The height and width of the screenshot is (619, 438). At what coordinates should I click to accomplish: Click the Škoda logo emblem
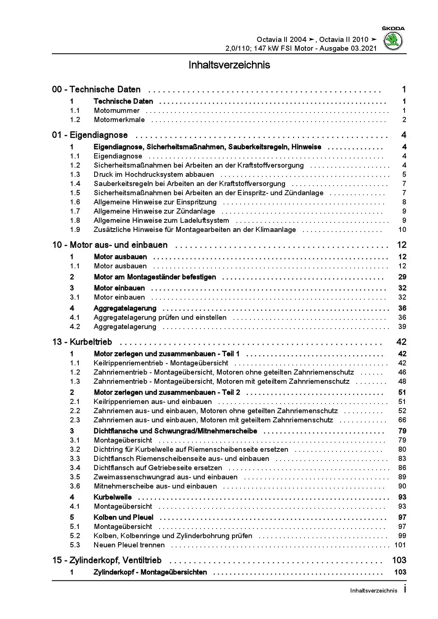(393, 40)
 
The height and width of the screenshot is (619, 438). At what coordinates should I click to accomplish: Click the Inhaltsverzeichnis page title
(229, 65)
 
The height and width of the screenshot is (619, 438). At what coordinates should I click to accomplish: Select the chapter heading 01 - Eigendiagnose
(90, 135)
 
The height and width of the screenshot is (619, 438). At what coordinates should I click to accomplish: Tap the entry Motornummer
(117, 111)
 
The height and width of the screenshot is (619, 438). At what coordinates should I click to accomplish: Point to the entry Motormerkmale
(119, 120)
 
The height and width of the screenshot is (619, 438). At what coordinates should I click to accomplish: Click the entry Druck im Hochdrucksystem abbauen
(154, 175)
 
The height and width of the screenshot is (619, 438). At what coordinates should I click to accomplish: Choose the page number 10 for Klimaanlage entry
(402, 230)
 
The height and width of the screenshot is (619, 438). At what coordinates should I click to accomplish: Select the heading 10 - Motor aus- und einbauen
(110, 245)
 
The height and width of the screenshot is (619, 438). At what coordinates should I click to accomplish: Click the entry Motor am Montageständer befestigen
(155, 277)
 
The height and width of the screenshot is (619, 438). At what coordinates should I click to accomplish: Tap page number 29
(402, 277)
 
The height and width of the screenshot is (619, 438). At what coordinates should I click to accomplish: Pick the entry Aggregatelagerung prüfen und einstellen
(160, 318)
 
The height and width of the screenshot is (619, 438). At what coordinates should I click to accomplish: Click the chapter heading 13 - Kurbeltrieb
(82, 342)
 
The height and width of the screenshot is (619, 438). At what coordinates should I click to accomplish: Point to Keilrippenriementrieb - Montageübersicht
(161, 363)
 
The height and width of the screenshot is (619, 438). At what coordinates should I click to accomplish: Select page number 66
(402, 420)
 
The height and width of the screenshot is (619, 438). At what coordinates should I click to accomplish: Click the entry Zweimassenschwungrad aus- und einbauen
(165, 477)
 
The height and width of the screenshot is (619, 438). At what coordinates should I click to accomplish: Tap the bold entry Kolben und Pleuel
(124, 518)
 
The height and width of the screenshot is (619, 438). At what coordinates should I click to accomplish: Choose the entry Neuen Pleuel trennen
(129, 545)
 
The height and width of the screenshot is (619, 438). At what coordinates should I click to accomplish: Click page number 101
(400, 545)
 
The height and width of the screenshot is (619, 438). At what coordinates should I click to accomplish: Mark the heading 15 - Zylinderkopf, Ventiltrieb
(107, 561)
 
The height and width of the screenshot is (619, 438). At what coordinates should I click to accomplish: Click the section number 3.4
(75, 468)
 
